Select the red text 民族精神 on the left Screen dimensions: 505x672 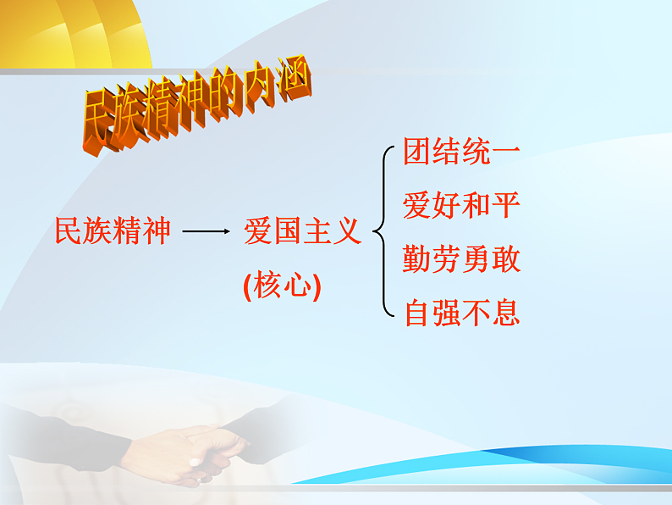113,231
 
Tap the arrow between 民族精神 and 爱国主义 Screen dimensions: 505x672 206,231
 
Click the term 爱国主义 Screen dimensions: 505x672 303,231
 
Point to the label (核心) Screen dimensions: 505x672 282,286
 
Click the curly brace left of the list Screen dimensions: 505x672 383,231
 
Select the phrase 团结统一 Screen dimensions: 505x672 461,153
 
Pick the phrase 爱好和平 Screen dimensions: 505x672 461,206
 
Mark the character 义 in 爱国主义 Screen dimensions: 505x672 348,231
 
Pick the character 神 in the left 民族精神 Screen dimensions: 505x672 157,231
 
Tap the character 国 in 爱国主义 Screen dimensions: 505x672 288,231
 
